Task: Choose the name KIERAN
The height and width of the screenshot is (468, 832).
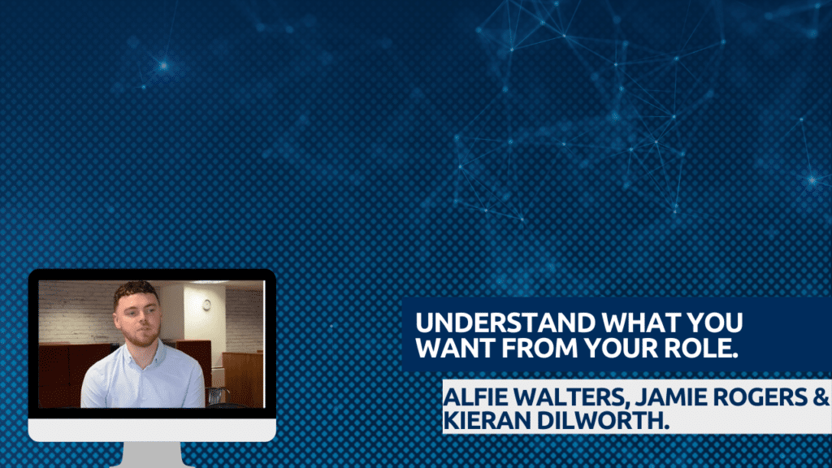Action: pyautogui.click(x=487, y=420)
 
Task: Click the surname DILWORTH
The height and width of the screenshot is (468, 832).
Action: pyautogui.click(x=602, y=420)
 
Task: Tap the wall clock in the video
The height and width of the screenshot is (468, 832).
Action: pyautogui.click(x=206, y=304)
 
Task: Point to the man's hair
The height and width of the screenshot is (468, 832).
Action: pyautogui.click(x=136, y=292)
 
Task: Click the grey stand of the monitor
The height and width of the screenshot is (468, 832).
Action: pyautogui.click(x=152, y=455)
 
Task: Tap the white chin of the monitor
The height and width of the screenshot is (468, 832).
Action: pyautogui.click(x=152, y=430)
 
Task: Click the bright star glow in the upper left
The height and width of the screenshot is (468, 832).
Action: pyautogui.click(x=163, y=65)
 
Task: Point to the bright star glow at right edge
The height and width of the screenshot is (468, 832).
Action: pyautogui.click(x=812, y=180)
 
